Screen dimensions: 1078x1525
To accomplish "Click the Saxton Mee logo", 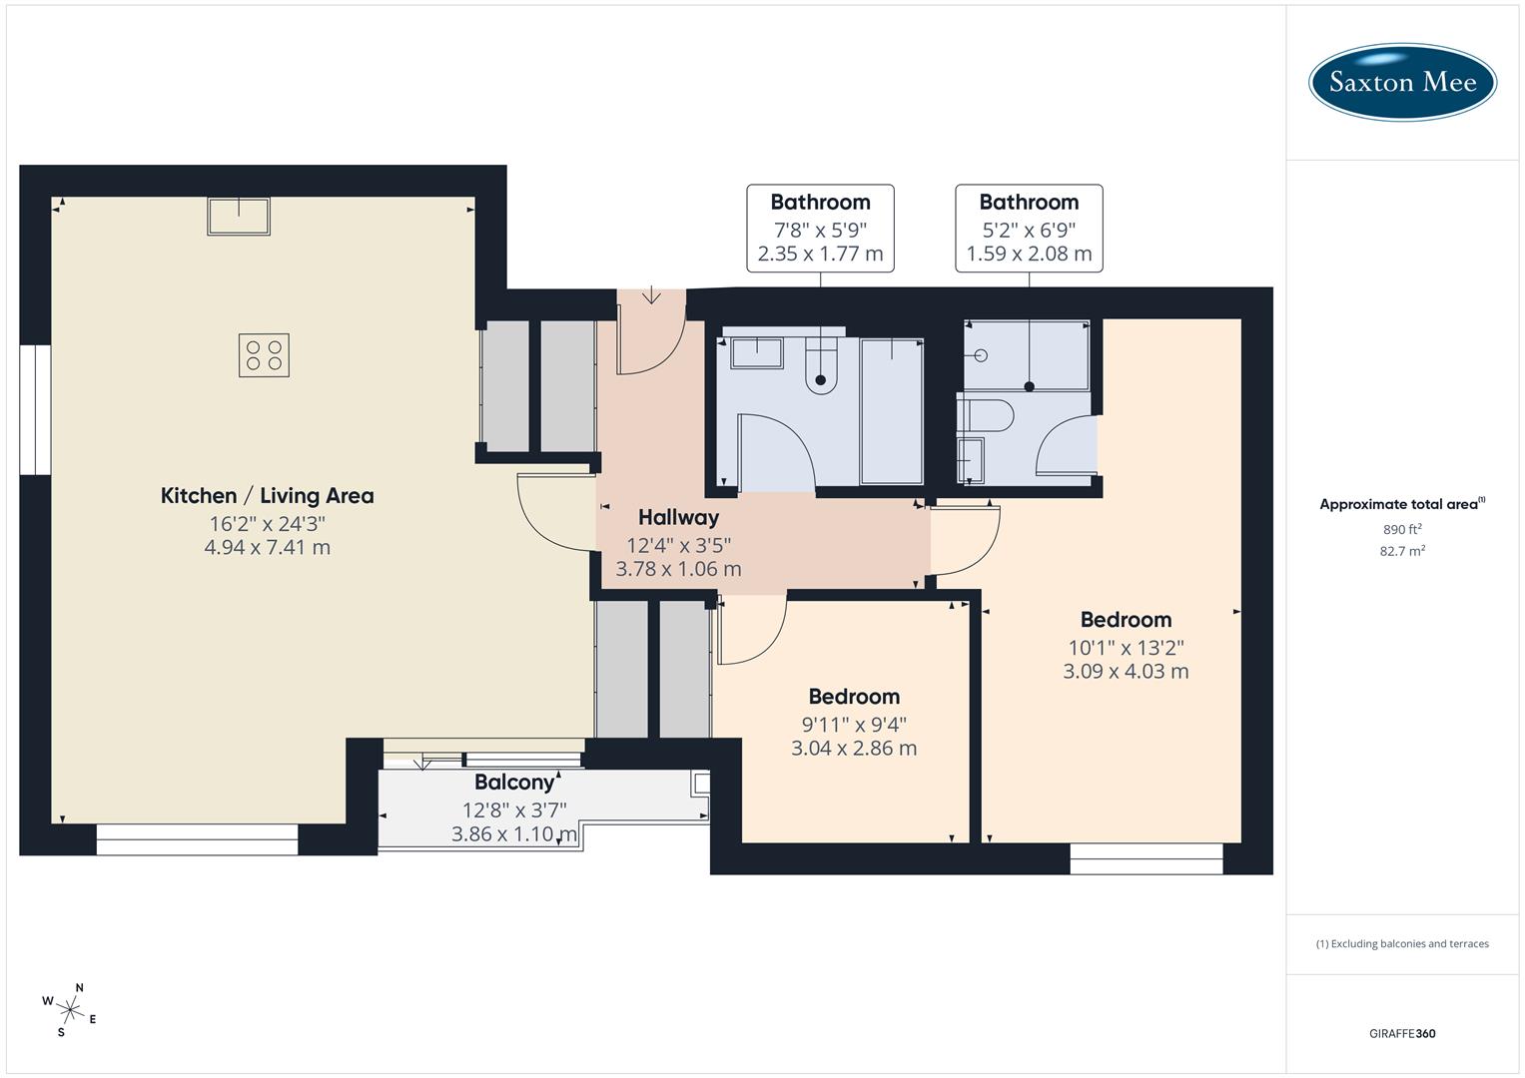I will pyautogui.click(x=1402, y=82).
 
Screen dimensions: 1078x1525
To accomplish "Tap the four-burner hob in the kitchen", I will pyautogui.click(x=264, y=355).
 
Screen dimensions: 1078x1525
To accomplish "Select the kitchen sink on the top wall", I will pyautogui.click(x=239, y=216).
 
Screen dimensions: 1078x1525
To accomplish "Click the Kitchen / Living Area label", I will pyautogui.click(x=267, y=496).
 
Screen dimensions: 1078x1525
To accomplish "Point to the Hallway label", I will pyautogui.click(x=678, y=517).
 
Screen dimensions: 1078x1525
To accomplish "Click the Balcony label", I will pyautogui.click(x=514, y=783).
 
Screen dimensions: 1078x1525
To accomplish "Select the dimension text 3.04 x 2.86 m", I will pyautogui.click(x=853, y=749).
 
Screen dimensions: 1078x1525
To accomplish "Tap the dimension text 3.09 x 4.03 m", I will pyautogui.click(x=1126, y=672).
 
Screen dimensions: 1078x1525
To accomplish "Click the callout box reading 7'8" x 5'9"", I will pyautogui.click(x=820, y=228).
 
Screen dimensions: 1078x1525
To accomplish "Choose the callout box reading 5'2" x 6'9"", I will pyautogui.click(x=1029, y=228).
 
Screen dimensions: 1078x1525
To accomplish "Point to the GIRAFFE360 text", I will pyautogui.click(x=1402, y=1034).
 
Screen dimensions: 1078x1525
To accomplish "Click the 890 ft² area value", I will pyautogui.click(x=1402, y=530).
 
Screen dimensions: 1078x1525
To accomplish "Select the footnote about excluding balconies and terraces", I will pyautogui.click(x=1402, y=943).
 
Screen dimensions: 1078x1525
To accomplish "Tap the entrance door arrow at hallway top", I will pyautogui.click(x=651, y=294).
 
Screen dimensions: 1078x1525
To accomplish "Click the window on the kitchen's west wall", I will pyautogui.click(x=35, y=409).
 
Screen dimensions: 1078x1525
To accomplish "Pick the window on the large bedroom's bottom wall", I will pyautogui.click(x=1145, y=859).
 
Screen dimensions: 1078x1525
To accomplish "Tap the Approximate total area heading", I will pyautogui.click(x=1402, y=504).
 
